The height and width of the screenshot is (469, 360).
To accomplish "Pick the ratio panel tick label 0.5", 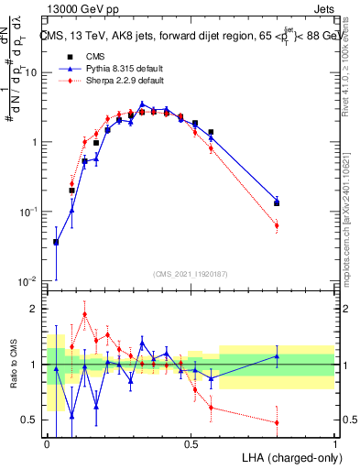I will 30,420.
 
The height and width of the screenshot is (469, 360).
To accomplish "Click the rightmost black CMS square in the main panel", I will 277,203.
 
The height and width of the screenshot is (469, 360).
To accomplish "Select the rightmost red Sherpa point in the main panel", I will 277,225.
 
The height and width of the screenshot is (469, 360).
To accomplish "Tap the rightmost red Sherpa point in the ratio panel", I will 277,422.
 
